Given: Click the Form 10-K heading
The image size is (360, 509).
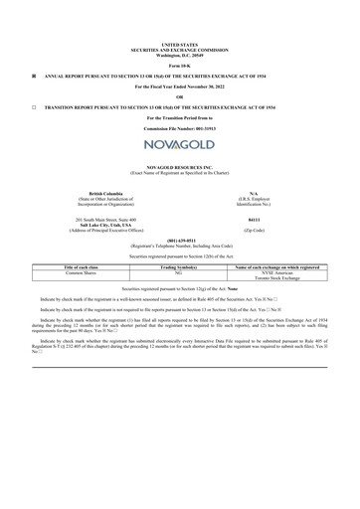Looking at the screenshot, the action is pos(179,65).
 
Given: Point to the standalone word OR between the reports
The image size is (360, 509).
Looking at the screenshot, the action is pos(179,95).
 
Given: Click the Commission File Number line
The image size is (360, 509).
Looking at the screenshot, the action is pos(179,129).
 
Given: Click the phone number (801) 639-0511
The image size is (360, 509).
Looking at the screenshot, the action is pos(179,240).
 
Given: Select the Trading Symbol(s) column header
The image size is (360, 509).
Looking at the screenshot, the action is pos(179,267).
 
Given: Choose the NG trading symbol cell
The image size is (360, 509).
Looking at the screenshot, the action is pos(179,273).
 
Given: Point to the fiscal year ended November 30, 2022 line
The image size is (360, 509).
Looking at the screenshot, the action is pos(179,85).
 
